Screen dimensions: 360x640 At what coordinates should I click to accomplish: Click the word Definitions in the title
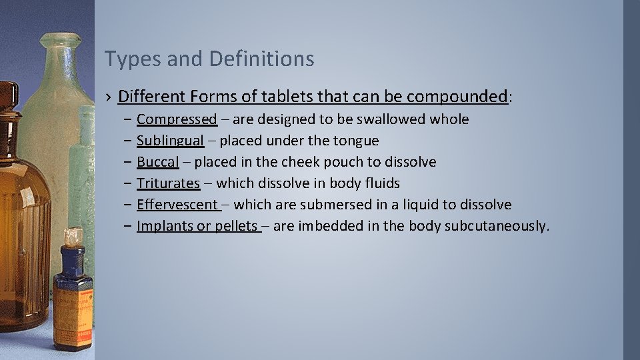261,59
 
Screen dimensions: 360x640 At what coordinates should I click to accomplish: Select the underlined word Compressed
177,119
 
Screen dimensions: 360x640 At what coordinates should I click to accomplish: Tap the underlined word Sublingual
170,141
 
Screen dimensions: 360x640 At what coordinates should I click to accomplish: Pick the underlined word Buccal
157,162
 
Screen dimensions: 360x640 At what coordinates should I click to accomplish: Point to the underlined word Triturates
168,183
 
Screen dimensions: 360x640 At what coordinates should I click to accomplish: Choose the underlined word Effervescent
177,205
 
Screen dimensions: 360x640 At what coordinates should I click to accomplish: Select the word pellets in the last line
236,226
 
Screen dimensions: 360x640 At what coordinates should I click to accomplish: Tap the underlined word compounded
457,97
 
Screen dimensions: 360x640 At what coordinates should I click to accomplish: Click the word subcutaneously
496,226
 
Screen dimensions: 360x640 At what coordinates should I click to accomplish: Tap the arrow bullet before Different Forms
108,97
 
